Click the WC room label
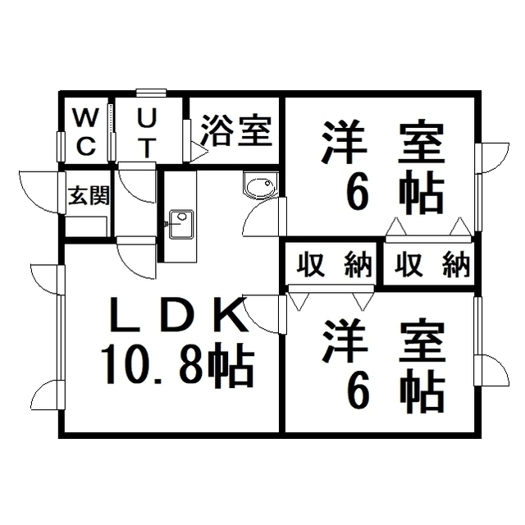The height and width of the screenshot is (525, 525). [x=85, y=133]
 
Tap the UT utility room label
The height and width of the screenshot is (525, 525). [x=147, y=133]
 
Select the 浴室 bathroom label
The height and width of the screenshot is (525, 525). [x=237, y=131]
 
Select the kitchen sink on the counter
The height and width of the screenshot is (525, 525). [x=181, y=224]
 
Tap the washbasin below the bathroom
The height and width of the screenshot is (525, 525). [x=261, y=185]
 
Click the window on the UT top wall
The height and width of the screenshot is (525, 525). [x=151, y=93]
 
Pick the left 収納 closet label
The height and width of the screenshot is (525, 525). [x=335, y=266]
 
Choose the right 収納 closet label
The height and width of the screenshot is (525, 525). [x=432, y=266]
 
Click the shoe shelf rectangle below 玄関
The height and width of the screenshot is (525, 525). [x=86, y=226]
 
